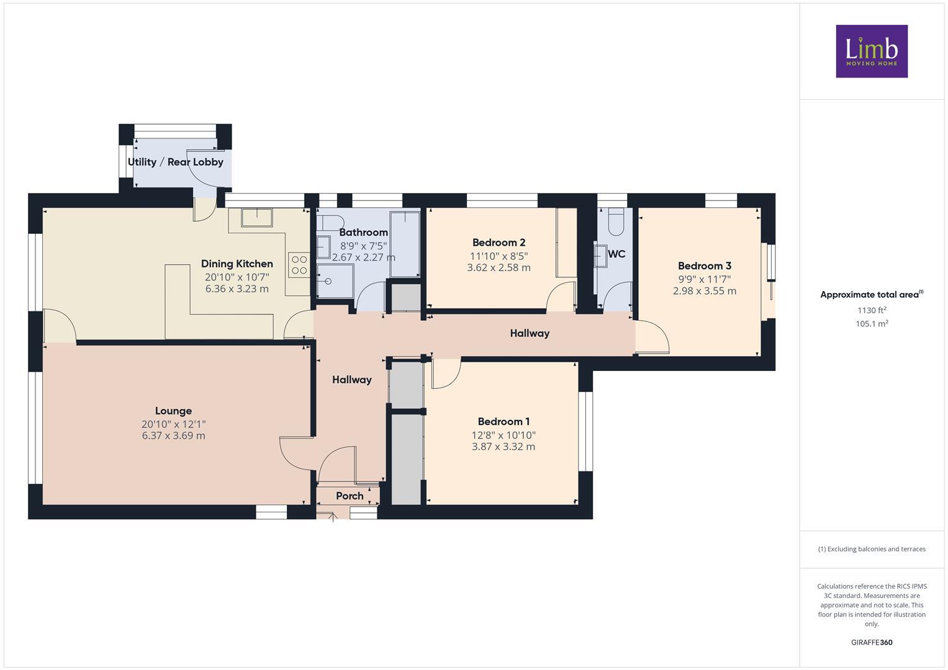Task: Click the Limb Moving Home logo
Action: click(x=871, y=51)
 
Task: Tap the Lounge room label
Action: click(x=173, y=411)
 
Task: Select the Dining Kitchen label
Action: click(x=237, y=264)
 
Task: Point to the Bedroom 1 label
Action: click(x=503, y=421)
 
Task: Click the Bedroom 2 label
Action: click(x=499, y=243)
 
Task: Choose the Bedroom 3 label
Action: click(x=704, y=266)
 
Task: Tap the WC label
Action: click(x=616, y=254)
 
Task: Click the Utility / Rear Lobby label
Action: click(x=175, y=162)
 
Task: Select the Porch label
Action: click(x=350, y=496)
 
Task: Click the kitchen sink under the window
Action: click(x=257, y=217)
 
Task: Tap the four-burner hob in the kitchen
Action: click(x=299, y=265)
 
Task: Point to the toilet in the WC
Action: click(x=615, y=221)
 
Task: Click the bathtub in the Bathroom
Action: click(x=405, y=244)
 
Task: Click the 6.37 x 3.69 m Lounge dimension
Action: click(x=173, y=435)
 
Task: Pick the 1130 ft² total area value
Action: click(x=871, y=310)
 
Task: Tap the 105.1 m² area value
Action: click(x=871, y=324)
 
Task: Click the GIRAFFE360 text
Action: click(x=871, y=642)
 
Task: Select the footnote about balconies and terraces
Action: click(x=871, y=549)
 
